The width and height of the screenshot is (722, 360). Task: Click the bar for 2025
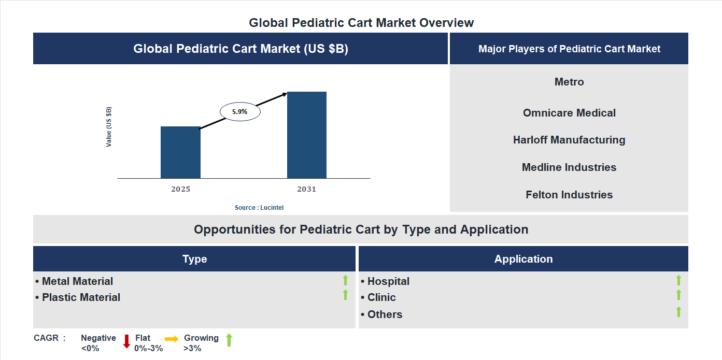180,152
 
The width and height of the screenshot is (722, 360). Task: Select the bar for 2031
307,135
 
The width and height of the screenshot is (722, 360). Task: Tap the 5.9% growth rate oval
240,111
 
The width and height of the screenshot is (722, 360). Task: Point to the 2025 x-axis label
180,189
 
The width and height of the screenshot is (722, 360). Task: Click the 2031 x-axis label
306,189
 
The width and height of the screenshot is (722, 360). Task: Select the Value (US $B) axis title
109,127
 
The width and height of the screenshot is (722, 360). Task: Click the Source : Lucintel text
259,208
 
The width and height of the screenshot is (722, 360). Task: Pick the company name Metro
569,82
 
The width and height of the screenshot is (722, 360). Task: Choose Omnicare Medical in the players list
569,113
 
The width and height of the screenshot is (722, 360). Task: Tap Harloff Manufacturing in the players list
569,140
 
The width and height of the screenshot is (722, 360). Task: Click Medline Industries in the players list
569,167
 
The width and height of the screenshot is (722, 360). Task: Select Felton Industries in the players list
569,195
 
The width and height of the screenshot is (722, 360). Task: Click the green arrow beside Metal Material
345,281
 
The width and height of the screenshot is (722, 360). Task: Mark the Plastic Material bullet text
81,297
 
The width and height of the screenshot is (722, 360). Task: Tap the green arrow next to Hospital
678,281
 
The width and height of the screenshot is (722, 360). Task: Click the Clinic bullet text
381,297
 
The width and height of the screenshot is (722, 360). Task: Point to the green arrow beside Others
678,312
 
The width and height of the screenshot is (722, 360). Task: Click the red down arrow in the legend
126,341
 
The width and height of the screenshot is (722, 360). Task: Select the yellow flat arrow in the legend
172,339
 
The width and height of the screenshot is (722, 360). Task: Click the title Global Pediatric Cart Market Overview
361,23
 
